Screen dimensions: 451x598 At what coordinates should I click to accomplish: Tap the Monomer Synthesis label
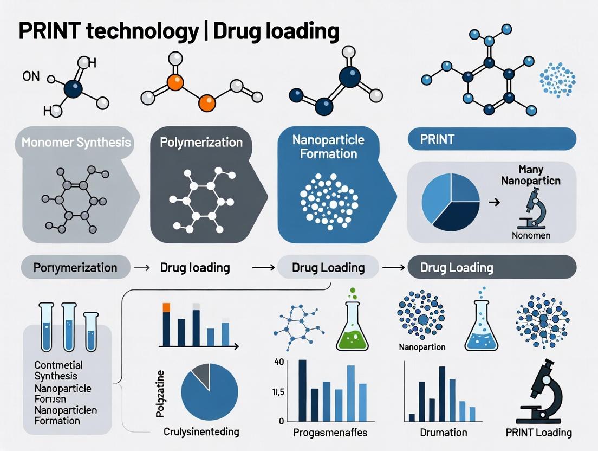coord(76,143)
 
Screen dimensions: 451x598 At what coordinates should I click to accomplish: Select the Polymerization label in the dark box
coord(201,143)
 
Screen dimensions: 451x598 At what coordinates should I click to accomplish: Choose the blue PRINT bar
coord(491,139)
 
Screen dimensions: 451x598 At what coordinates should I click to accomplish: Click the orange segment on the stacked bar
coord(167,307)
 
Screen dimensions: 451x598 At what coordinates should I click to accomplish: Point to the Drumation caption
coord(443,432)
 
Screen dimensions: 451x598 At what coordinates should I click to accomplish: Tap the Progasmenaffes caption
coord(329,432)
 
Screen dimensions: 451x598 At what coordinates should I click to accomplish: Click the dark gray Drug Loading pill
coord(491,267)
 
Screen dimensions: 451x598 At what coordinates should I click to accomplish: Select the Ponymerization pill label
coord(75,267)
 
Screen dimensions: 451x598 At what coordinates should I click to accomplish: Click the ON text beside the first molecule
coord(31,76)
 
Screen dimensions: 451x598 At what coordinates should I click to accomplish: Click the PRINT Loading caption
coord(538,432)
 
